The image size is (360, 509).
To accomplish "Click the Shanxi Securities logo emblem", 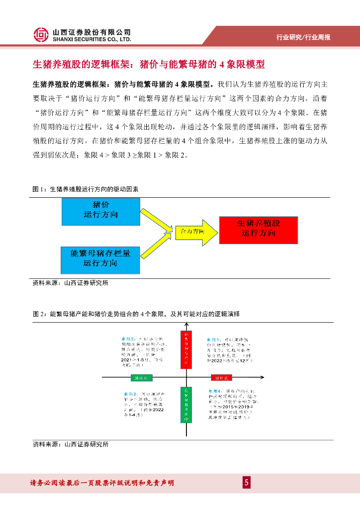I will click(x=41, y=34).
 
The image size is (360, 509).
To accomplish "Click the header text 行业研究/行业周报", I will click(x=303, y=38).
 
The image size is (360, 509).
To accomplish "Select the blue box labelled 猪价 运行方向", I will click(x=101, y=211).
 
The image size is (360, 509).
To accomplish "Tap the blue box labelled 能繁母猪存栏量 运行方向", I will click(x=101, y=259).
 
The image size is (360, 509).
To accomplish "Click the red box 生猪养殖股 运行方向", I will click(x=258, y=230).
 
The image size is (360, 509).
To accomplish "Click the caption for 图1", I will click(x=86, y=190).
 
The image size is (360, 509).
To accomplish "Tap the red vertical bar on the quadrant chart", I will click(x=186, y=348).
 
